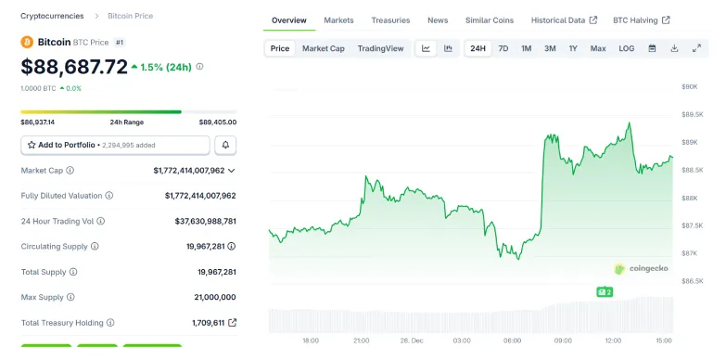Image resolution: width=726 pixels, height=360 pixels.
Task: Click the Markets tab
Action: [338, 19]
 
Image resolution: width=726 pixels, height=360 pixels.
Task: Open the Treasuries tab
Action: [390, 19]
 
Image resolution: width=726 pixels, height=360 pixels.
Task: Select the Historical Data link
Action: [564, 19]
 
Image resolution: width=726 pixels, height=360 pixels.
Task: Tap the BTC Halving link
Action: [641, 19]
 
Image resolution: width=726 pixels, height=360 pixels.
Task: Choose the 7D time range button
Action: [503, 48]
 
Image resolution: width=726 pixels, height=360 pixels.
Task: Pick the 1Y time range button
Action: [573, 48]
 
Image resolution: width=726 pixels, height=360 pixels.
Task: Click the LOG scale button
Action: [627, 48]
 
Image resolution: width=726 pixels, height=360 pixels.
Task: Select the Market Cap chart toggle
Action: [323, 48]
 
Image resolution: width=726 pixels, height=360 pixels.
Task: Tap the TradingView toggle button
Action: [380, 48]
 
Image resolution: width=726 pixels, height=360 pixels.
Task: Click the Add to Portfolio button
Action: [115, 145]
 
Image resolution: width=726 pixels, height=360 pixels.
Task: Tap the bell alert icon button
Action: [225, 145]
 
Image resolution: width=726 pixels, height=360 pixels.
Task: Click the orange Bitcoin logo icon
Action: [27, 43]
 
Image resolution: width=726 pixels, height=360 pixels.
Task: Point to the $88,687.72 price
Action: [74, 67]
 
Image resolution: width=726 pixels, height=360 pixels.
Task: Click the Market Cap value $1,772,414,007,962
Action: [189, 171]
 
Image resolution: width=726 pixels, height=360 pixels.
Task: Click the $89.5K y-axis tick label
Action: [690, 114]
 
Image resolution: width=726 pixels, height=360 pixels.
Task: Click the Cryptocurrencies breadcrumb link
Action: [52, 16]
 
